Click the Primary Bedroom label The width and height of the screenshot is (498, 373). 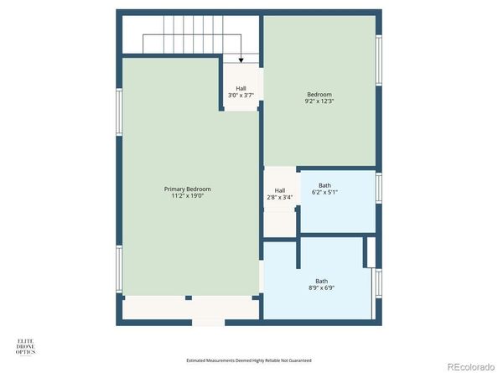coord(187,189)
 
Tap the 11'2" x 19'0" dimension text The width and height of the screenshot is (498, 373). coord(187,198)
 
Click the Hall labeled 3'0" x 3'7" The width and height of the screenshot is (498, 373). coord(241,91)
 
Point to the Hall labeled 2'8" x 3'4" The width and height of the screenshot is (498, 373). coord(280,194)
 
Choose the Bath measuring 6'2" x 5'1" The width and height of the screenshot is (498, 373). coord(324,189)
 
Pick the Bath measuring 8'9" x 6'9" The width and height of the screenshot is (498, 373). coord(321,285)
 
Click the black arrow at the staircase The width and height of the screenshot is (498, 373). coord(241,59)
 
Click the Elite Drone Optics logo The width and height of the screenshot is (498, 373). coord(27,346)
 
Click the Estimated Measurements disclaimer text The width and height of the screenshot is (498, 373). coord(248,360)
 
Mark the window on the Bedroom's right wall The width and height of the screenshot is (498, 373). coord(378,63)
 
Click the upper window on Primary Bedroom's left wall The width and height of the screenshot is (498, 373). coord(119,111)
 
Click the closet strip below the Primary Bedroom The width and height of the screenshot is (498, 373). coord(190,308)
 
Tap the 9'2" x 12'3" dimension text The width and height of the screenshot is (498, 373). coord(319,101)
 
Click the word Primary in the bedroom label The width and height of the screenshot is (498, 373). coord(175,189)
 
